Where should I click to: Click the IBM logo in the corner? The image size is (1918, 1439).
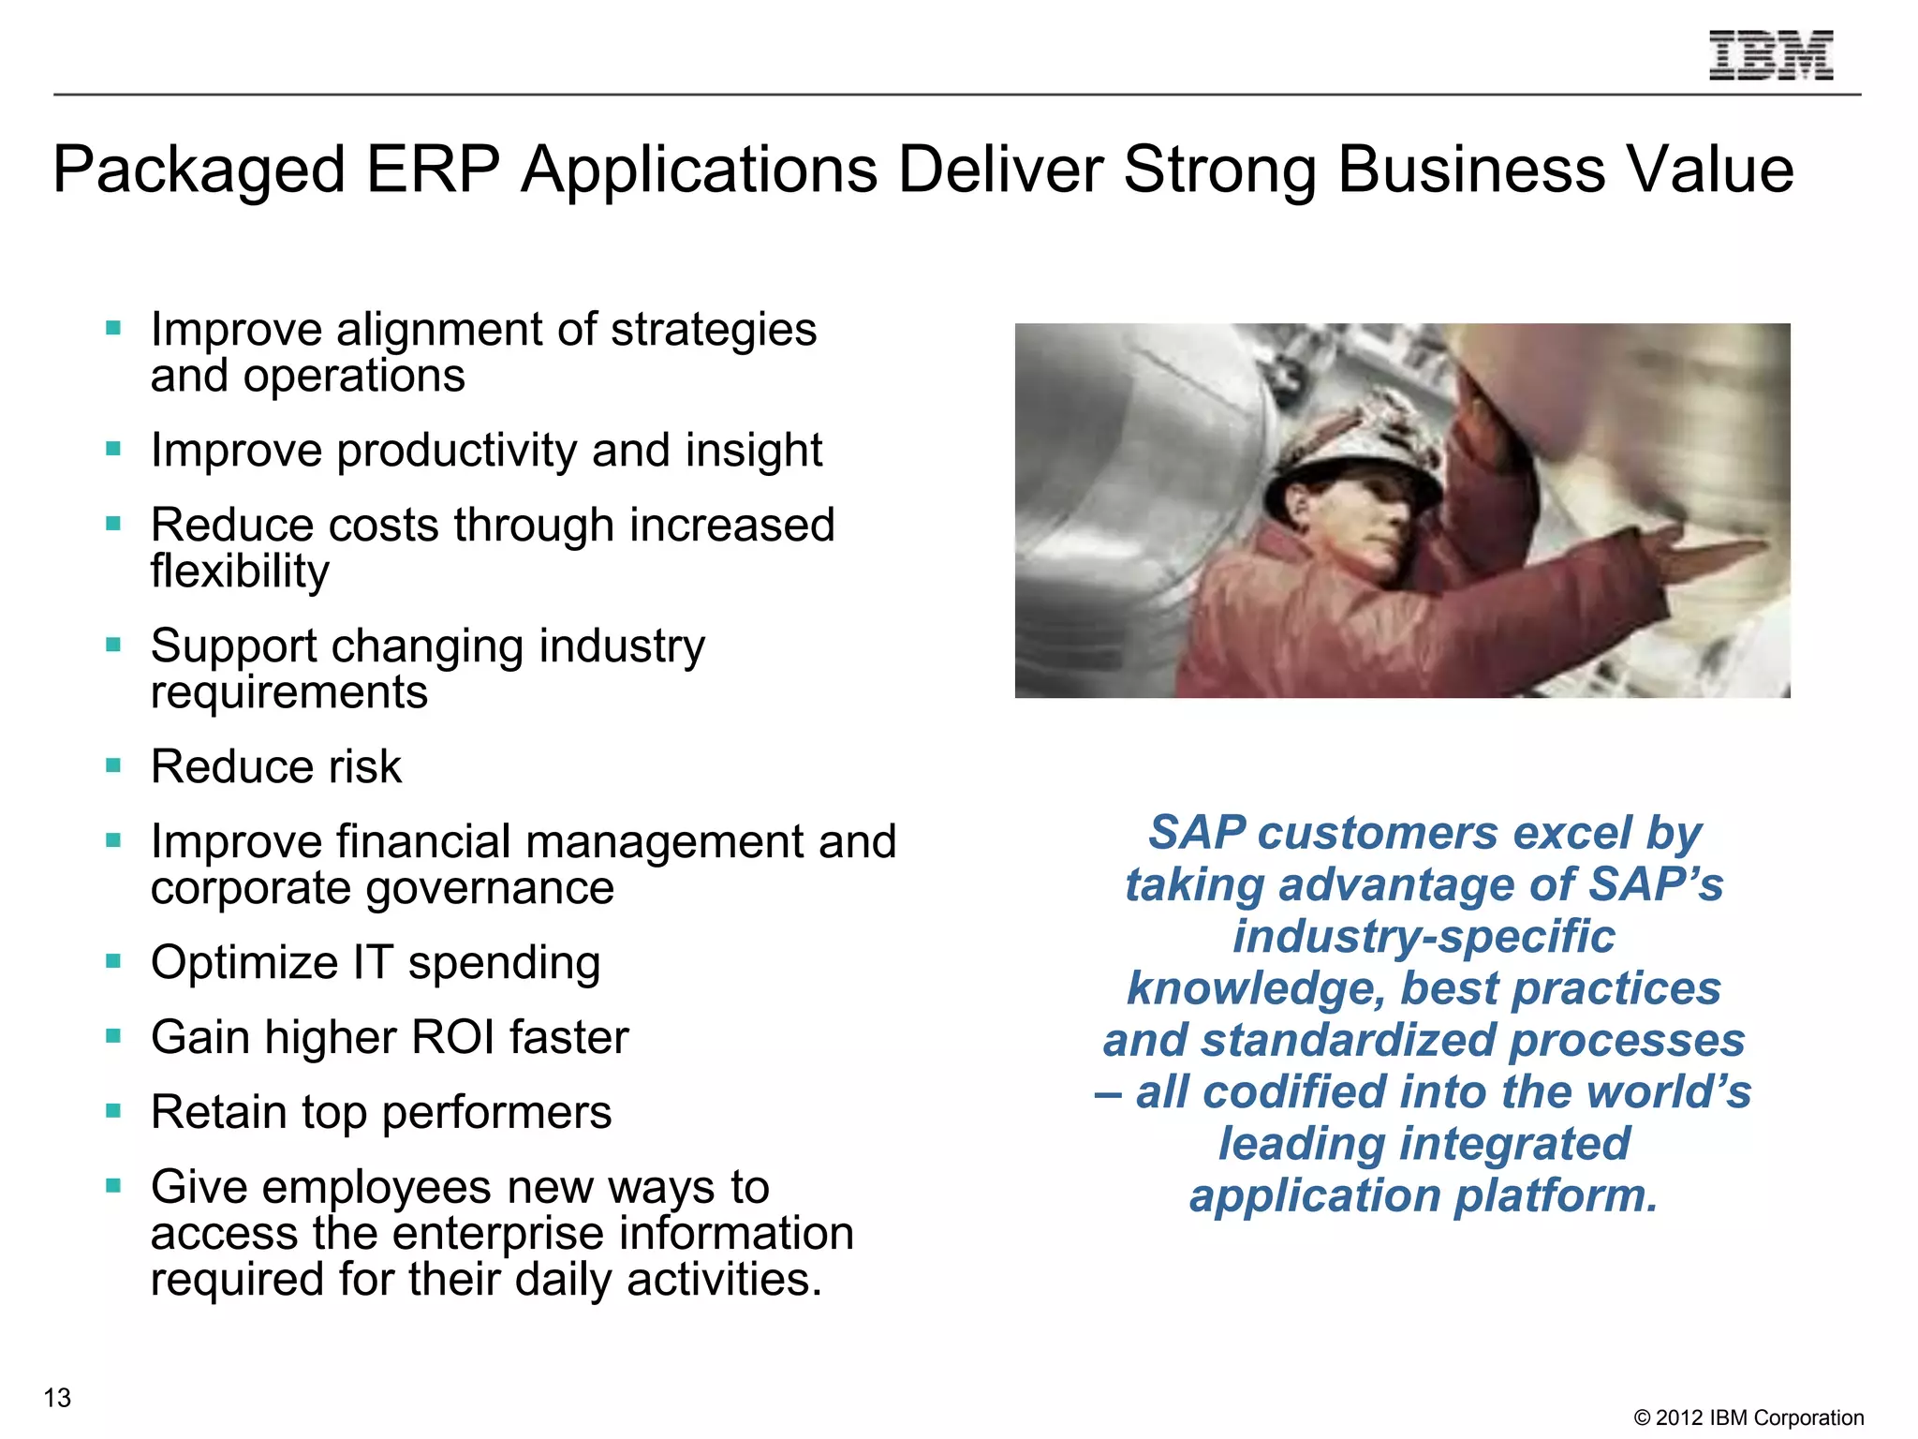point(1771,55)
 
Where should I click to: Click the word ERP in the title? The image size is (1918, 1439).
point(432,170)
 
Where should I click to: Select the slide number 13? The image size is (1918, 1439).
point(57,1398)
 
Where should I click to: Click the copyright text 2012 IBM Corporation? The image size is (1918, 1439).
point(1748,1417)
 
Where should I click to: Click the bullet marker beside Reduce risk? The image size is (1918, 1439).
point(113,765)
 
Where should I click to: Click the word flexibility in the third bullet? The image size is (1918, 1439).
point(240,571)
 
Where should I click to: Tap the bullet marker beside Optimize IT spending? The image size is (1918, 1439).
point(113,961)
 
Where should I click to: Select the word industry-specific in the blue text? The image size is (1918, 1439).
point(1424,937)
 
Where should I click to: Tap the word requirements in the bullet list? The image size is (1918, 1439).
point(288,693)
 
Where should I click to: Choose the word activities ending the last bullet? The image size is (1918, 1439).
point(723,1280)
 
